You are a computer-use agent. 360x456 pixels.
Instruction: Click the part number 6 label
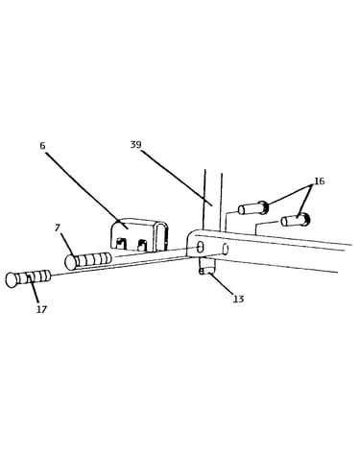tap(42, 146)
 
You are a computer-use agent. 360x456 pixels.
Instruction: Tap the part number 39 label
tap(135, 145)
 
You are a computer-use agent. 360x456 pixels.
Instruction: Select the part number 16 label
tap(320, 181)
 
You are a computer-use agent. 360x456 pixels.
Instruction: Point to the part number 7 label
tap(58, 228)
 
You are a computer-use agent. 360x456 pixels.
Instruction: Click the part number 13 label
tap(239, 299)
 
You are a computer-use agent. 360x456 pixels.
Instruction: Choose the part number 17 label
tap(41, 309)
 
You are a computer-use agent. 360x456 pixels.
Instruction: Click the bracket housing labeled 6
tap(139, 234)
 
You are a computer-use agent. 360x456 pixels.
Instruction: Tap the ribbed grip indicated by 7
tap(88, 260)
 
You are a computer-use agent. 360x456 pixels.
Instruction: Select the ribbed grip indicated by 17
tap(29, 278)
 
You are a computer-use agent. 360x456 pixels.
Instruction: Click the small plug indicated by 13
tap(206, 266)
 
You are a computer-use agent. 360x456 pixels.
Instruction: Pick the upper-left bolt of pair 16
tap(253, 208)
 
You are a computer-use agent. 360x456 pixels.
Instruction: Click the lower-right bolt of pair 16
tap(295, 220)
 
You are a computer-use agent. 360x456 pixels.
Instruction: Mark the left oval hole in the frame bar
tap(200, 248)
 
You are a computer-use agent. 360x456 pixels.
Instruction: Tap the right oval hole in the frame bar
tap(225, 249)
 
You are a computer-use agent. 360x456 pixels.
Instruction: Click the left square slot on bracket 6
tap(120, 244)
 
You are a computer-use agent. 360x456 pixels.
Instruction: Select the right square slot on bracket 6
tap(142, 245)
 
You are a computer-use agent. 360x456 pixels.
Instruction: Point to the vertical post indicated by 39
tap(212, 200)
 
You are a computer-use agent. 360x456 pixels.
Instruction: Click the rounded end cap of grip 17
tap(12, 280)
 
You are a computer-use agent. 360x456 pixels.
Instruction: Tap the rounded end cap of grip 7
tap(70, 262)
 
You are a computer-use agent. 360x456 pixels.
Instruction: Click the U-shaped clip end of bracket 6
tap(162, 236)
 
